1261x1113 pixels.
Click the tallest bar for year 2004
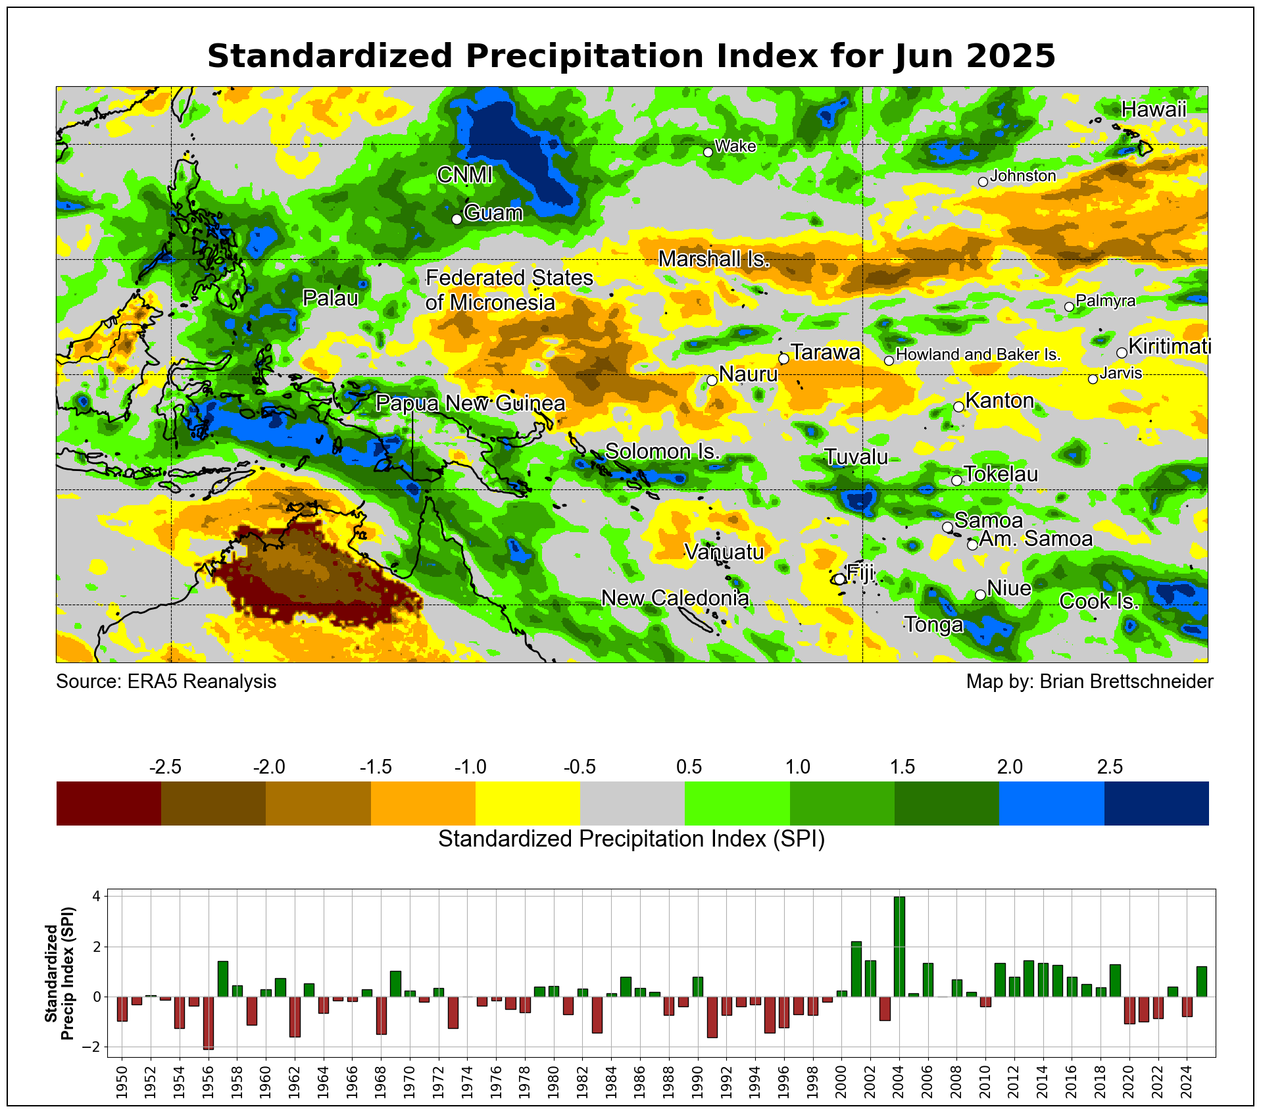899,947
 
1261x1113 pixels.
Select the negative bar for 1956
208,1023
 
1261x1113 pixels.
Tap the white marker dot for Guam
457,219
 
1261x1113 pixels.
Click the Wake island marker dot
708,152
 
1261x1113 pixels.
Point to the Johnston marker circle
983,182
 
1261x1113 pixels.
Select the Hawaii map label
1153,110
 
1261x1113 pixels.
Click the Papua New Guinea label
470,403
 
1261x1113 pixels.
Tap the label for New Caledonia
675,598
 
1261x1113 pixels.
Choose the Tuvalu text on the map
856,457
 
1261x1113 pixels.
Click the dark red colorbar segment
109,803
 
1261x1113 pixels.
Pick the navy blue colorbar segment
1156,803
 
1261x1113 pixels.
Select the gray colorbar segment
632,803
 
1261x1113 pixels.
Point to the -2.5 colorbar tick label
165,767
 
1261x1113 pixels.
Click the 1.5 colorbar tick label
902,767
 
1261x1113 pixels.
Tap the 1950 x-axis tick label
122,1085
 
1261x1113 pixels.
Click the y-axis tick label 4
96,897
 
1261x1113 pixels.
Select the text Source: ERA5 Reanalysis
166,681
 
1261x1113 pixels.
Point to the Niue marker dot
979,595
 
